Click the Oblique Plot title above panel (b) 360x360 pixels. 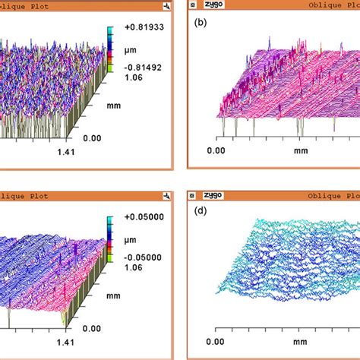pos(327,6)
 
